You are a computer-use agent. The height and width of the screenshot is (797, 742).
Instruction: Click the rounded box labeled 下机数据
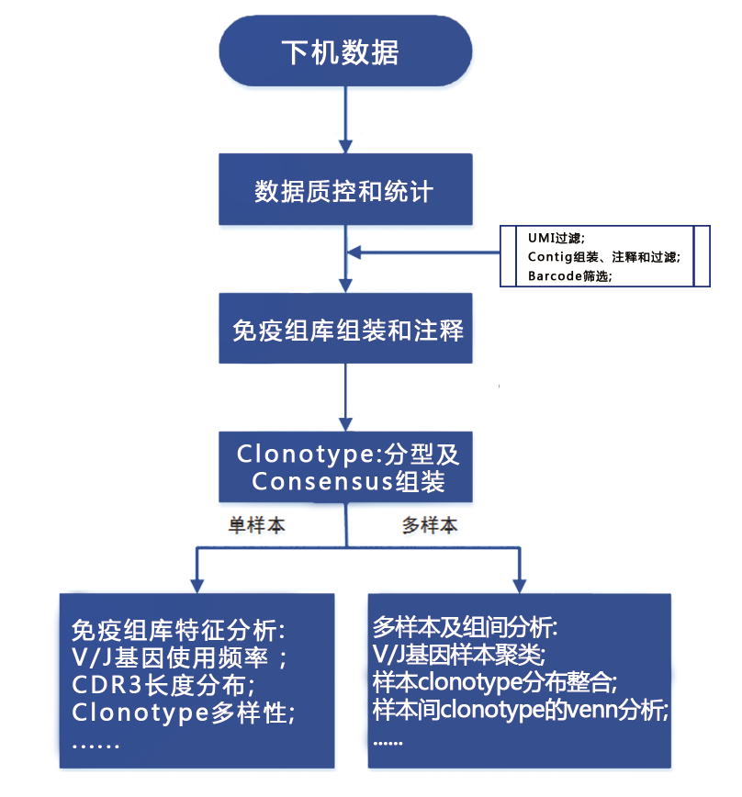coord(345,51)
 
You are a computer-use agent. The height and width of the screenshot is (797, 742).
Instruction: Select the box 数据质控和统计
coord(345,189)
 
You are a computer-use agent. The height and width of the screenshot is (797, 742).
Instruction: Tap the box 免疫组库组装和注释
coord(345,329)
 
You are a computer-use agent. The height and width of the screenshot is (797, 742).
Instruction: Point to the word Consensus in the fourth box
coord(322,481)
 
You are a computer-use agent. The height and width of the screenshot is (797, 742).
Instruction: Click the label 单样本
coord(256,525)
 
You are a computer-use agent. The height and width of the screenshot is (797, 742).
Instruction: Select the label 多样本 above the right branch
coord(430,525)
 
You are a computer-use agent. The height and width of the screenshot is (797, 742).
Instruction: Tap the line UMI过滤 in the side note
coord(556,238)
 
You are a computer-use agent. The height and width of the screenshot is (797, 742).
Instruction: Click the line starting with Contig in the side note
coord(603,257)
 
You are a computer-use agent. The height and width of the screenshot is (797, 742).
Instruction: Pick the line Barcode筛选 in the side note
coord(569,276)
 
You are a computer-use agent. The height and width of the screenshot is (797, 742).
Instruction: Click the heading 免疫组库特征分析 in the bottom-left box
coord(178,630)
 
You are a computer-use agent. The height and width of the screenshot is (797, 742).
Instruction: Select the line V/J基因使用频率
coord(179,657)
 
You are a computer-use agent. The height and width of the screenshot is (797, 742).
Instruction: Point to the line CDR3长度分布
coord(163,685)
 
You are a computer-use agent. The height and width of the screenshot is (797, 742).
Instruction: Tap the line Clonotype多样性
coord(183,713)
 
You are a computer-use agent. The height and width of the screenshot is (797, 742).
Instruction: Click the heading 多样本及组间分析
coord(465,627)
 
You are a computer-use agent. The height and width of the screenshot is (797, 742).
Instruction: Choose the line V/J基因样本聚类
coord(459,655)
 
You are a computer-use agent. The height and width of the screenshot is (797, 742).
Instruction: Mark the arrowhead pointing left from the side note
coord(354,253)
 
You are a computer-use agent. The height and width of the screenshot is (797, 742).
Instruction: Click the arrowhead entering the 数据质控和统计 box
coord(345,146)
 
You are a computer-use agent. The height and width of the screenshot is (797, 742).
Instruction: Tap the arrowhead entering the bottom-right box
coord(520,586)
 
